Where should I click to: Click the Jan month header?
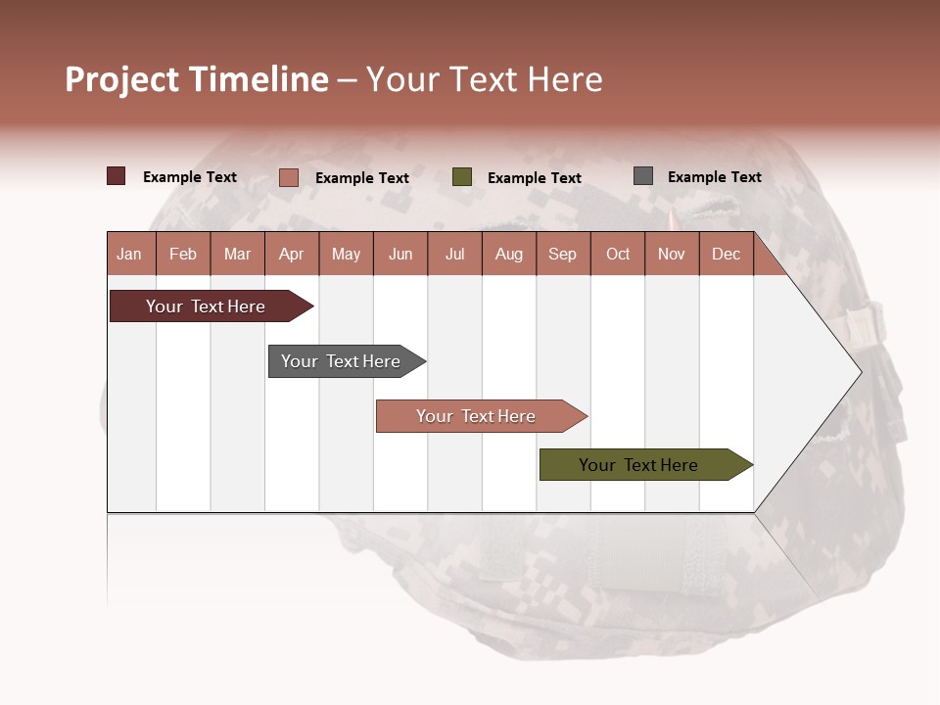coord(130,254)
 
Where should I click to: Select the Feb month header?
coord(183,254)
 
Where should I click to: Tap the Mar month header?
coord(237,254)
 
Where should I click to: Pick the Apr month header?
coord(292,254)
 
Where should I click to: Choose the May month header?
coord(346,254)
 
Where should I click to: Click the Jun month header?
coord(400,254)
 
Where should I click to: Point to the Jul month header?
coord(454,254)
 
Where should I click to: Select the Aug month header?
coord(509,254)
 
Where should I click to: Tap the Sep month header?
coord(563,254)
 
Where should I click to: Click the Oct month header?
coord(618,254)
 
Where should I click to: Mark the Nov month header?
coord(672,254)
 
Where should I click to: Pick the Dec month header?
coord(727,254)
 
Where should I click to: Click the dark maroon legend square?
coord(117,176)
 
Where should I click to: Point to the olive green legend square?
coord(462,177)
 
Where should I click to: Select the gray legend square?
coord(643,176)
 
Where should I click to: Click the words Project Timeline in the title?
coord(197,79)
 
